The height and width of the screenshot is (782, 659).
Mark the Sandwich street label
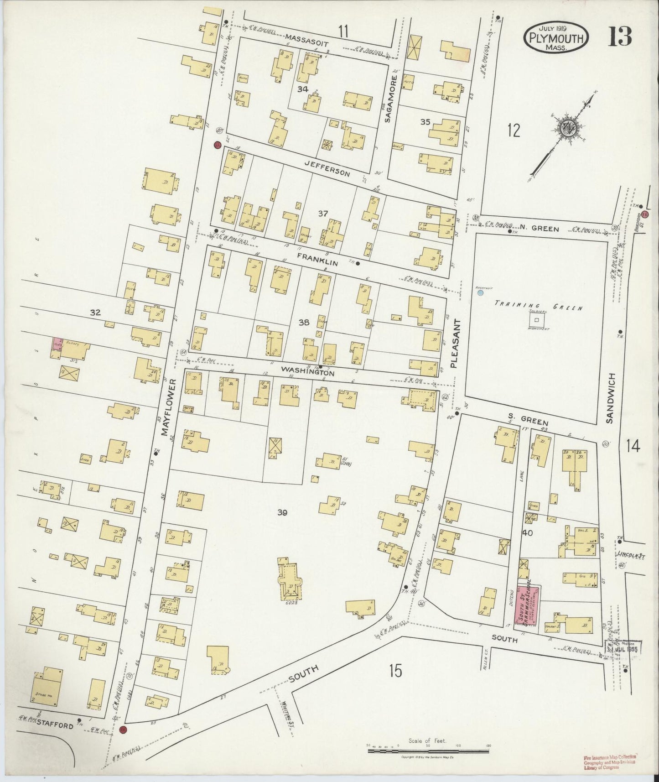[x=612, y=398]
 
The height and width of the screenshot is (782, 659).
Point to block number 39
[x=282, y=513]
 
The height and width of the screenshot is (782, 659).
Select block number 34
[x=302, y=89]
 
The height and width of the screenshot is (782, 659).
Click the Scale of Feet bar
[x=428, y=747]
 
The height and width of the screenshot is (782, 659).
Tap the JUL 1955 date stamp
[x=625, y=648]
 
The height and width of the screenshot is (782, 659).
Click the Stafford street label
[x=55, y=725]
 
